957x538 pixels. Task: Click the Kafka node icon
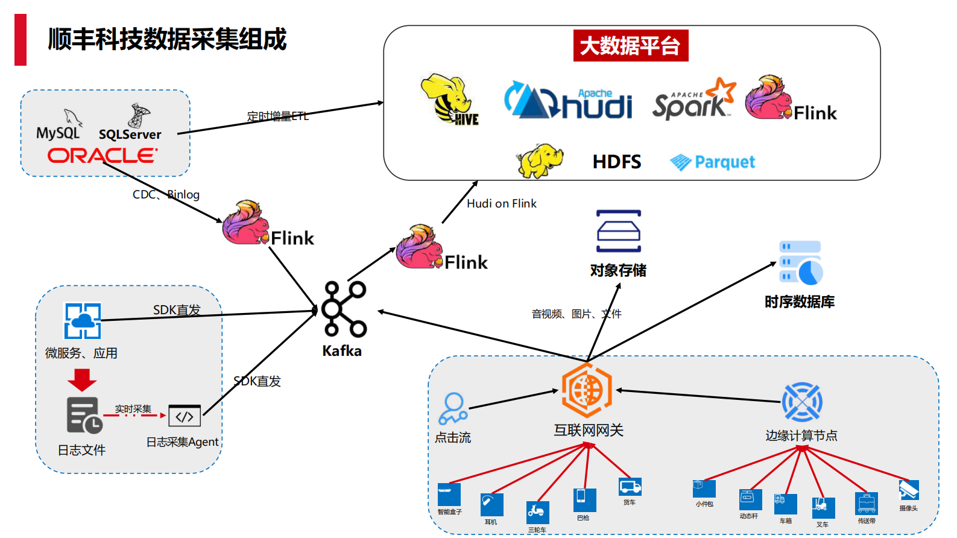pyautogui.click(x=344, y=309)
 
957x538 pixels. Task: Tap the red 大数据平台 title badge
pyautogui.click(x=630, y=46)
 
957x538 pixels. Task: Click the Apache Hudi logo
pyautogui.click(x=568, y=101)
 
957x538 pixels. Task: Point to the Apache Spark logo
pyautogui.click(x=693, y=100)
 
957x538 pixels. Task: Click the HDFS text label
pyautogui.click(x=616, y=162)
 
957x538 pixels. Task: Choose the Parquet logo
pyautogui.click(x=712, y=162)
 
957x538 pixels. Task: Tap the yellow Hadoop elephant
pyautogui.click(x=539, y=160)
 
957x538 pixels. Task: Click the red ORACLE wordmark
pyautogui.click(x=102, y=156)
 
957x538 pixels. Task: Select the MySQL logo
pyautogui.click(x=59, y=125)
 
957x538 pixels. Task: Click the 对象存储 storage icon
pyautogui.click(x=618, y=231)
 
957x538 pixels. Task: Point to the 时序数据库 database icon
pyautogui.click(x=800, y=263)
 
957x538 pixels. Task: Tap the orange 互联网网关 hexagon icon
pyautogui.click(x=586, y=390)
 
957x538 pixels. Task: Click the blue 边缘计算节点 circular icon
pyautogui.click(x=801, y=402)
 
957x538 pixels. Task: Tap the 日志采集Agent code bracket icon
pyautogui.click(x=185, y=416)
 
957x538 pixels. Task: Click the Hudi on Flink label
pyautogui.click(x=501, y=204)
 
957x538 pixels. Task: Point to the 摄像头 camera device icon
pyautogui.click(x=908, y=490)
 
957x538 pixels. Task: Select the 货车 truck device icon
pyautogui.click(x=630, y=486)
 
